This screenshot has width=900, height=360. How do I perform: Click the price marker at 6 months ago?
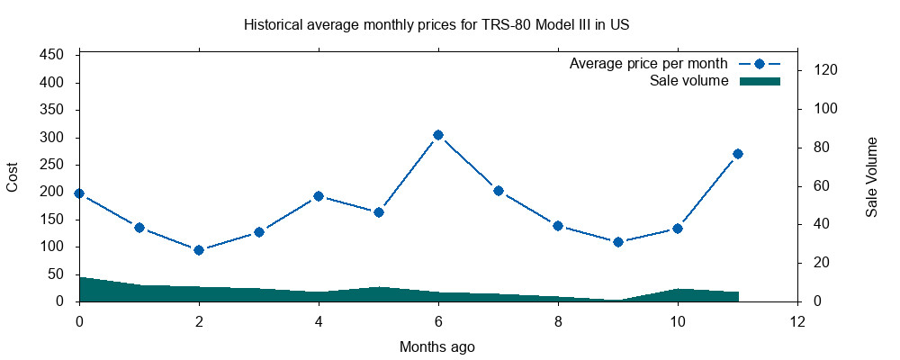coord(438,135)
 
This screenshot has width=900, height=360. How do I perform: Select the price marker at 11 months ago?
coord(738,154)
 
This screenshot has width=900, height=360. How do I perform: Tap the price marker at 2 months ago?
coord(199,250)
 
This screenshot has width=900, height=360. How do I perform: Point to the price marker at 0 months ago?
coord(79,193)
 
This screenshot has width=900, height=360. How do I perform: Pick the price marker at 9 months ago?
coord(618,242)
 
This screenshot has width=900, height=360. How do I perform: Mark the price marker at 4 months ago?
coord(319,196)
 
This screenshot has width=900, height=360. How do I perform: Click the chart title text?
coord(436,25)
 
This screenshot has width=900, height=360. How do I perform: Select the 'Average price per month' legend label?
coord(648,64)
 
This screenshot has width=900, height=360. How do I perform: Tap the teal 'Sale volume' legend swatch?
coord(760,81)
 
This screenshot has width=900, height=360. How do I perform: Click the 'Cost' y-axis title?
coord(13,177)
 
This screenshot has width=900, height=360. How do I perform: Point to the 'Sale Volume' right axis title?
coord(871,177)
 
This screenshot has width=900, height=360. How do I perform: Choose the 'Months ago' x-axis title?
coord(437,346)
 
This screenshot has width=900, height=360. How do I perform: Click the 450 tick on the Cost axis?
coord(52,56)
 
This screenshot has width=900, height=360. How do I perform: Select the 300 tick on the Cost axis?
coord(52,138)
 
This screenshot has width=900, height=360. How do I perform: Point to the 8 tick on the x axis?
coord(558,320)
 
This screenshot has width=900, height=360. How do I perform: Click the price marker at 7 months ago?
coord(499,191)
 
